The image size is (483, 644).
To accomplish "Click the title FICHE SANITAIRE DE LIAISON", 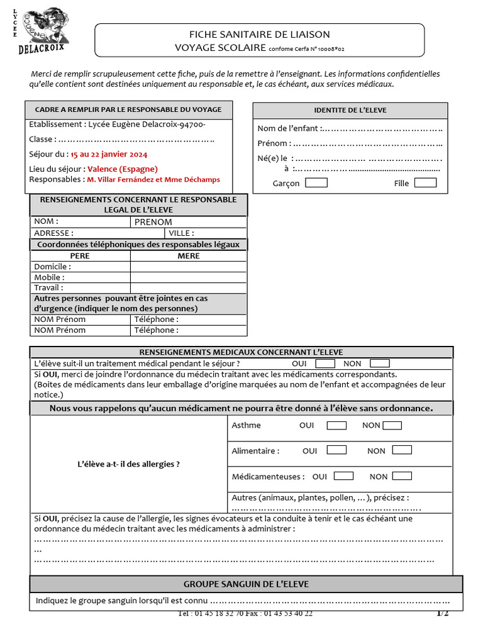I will tap(259, 35).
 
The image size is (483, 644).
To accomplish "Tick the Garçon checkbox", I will tap(316, 183).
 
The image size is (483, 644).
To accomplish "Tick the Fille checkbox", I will tap(425, 183).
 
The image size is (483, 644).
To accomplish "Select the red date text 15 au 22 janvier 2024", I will tap(109, 154).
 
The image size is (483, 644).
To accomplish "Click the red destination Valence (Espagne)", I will tap(123, 169).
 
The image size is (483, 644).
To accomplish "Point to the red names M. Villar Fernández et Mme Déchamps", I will tap(153, 180).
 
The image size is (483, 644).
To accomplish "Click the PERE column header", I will tap(80, 256).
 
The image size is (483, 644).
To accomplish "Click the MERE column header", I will tap(188, 256).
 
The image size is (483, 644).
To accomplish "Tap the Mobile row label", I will tap(49, 277).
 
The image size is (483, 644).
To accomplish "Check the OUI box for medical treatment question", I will tap(325, 364).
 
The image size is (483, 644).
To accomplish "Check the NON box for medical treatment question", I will tap(380, 364).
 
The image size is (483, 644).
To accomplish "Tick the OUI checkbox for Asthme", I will tap(336, 425).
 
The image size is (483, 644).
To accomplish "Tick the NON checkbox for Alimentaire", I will tap(402, 450).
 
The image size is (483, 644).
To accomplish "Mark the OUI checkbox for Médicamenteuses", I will tap(343, 476).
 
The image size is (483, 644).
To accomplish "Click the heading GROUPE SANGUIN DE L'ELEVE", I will tap(246, 584).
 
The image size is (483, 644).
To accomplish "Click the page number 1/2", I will tap(442, 613).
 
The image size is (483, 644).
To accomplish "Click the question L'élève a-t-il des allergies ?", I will tap(128, 464).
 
